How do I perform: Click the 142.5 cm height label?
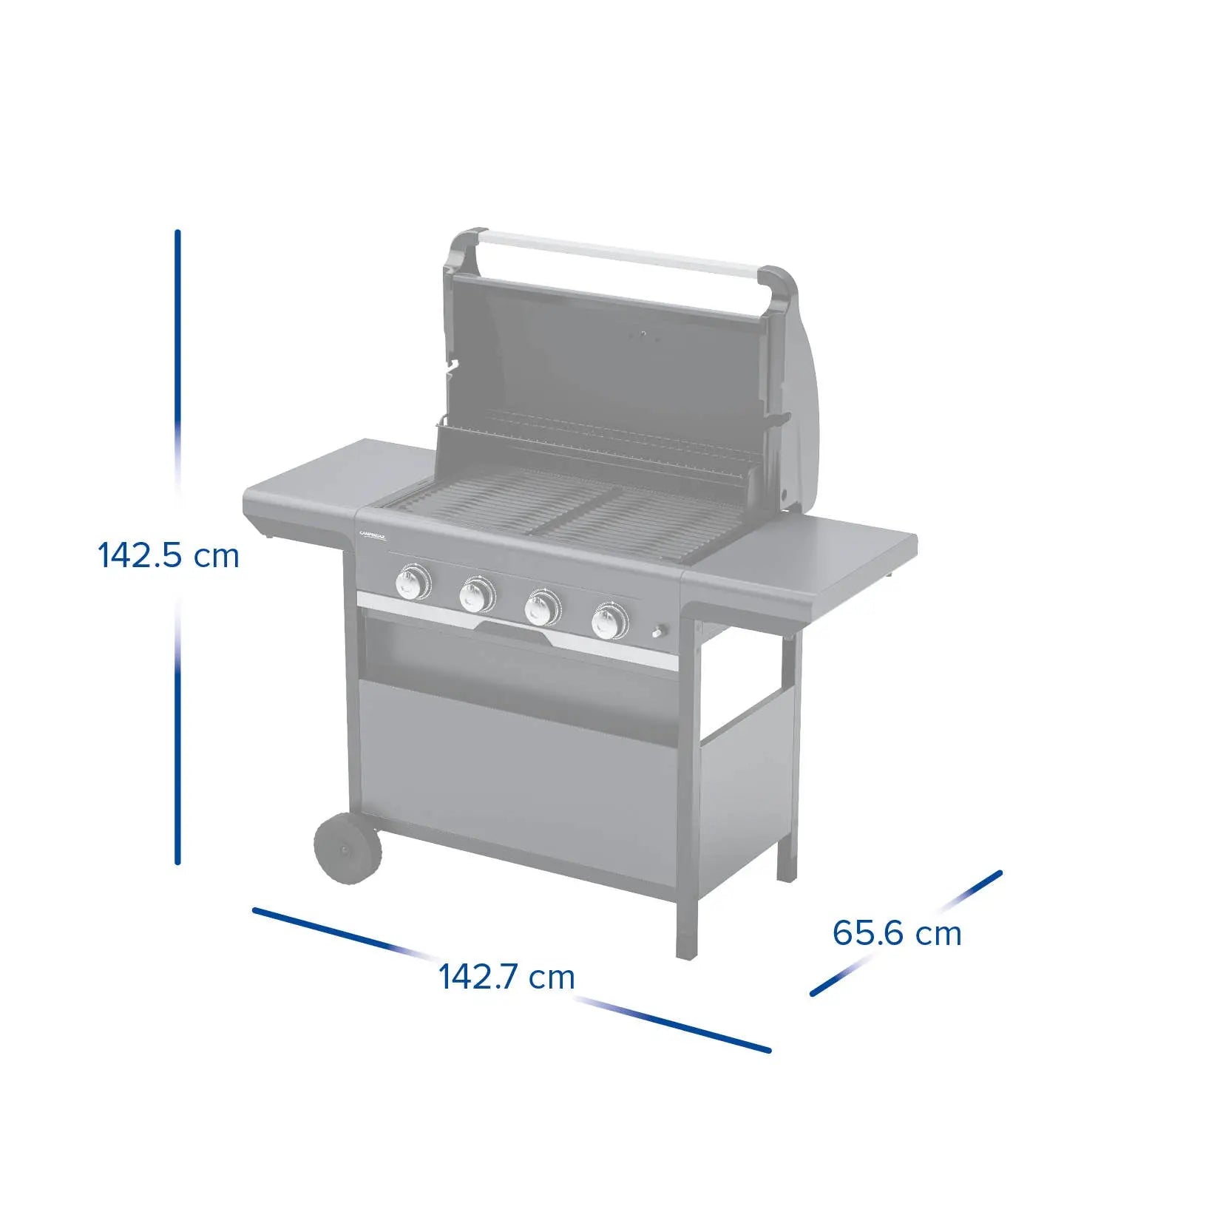pyautogui.click(x=169, y=555)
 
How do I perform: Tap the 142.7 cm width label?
pyautogui.click(x=507, y=977)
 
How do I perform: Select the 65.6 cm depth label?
pyautogui.click(x=896, y=932)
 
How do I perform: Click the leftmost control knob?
pyautogui.click(x=413, y=582)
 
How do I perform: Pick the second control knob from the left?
pyautogui.click(x=477, y=594)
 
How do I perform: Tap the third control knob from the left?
pyautogui.click(x=542, y=608)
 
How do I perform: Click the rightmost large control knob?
pyautogui.click(x=610, y=621)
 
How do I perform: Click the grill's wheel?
pyautogui.click(x=348, y=849)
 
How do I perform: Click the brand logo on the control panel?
pyautogui.click(x=373, y=535)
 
